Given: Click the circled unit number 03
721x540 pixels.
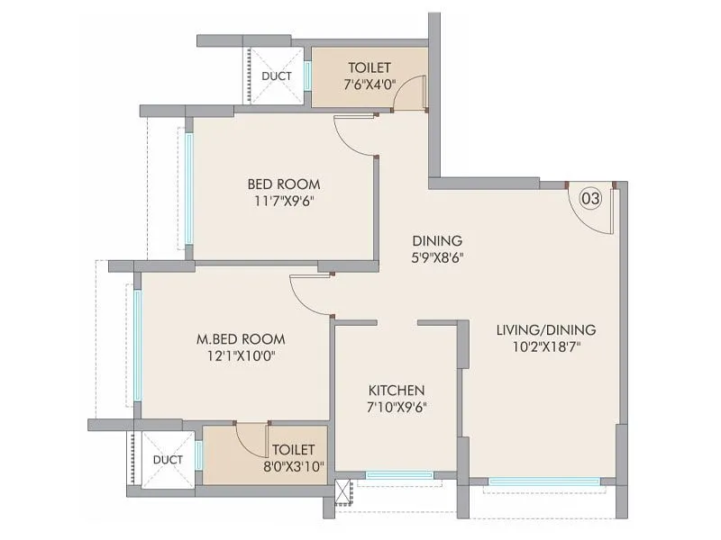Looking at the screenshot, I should click(x=589, y=198).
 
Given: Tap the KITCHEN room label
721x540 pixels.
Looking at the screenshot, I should click(x=396, y=390).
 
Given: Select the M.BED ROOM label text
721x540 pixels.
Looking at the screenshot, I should click(x=241, y=339).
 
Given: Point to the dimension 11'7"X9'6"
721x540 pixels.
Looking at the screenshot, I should click(x=284, y=201).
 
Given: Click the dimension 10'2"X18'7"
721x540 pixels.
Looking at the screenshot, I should click(x=545, y=346).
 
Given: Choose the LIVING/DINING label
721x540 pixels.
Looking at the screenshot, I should click(x=545, y=329).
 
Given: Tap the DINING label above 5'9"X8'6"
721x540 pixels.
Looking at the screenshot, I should click(x=437, y=240).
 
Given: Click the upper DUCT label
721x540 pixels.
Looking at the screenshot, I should click(x=276, y=76).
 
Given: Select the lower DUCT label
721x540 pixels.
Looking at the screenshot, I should click(x=168, y=459).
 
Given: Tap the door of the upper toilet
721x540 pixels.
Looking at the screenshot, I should click(x=410, y=94).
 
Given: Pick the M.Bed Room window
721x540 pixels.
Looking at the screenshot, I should click(x=138, y=343).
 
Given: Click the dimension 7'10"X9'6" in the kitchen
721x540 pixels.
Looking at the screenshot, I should click(x=396, y=407).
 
